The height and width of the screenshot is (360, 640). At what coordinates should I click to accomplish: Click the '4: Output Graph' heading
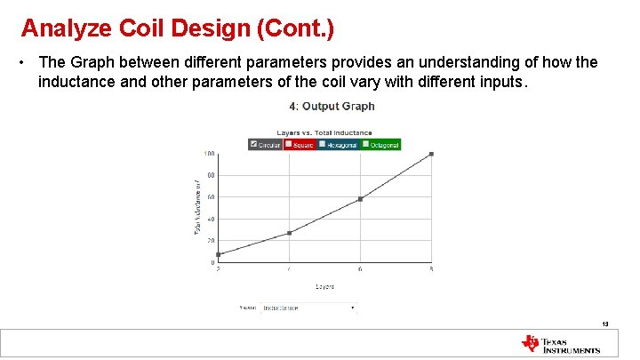pyautogui.click(x=332, y=107)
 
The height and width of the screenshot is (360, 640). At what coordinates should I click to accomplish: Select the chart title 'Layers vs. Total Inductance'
pyautogui.click(x=324, y=133)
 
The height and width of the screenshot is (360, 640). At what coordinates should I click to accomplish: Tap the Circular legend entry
pyautogui.click(x=266, y=144)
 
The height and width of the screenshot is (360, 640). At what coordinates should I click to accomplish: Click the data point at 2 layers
pyautogui.click(x=218, y=255)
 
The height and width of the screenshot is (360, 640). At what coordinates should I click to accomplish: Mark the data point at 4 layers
pyautogui.click(x=289, y=233)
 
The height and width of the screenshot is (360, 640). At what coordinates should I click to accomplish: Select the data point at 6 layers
pyautogui.click(x=360, y=199)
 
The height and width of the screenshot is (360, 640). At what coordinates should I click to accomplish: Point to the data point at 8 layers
pyautogui.click(x=431, y=154)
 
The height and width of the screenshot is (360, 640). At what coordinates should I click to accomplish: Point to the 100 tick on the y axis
pyautogui.click(x=209, y=154)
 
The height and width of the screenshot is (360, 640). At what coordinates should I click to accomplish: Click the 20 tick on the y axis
pyautogui.click(x=211, y=241)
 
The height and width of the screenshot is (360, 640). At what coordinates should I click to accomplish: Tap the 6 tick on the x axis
pyautogui.click(x=360, y=269)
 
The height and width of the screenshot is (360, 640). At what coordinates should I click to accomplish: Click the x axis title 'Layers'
pyautogui.click(x=324, y=286)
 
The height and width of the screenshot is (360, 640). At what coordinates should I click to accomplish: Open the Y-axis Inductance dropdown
pyautogui.click(x=308, y=308)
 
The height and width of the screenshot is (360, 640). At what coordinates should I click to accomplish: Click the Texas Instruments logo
pyautogui.click(x=561, y=344)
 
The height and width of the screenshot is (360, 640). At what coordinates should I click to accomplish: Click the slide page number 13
pyautogui.click(x=605, y=324)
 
